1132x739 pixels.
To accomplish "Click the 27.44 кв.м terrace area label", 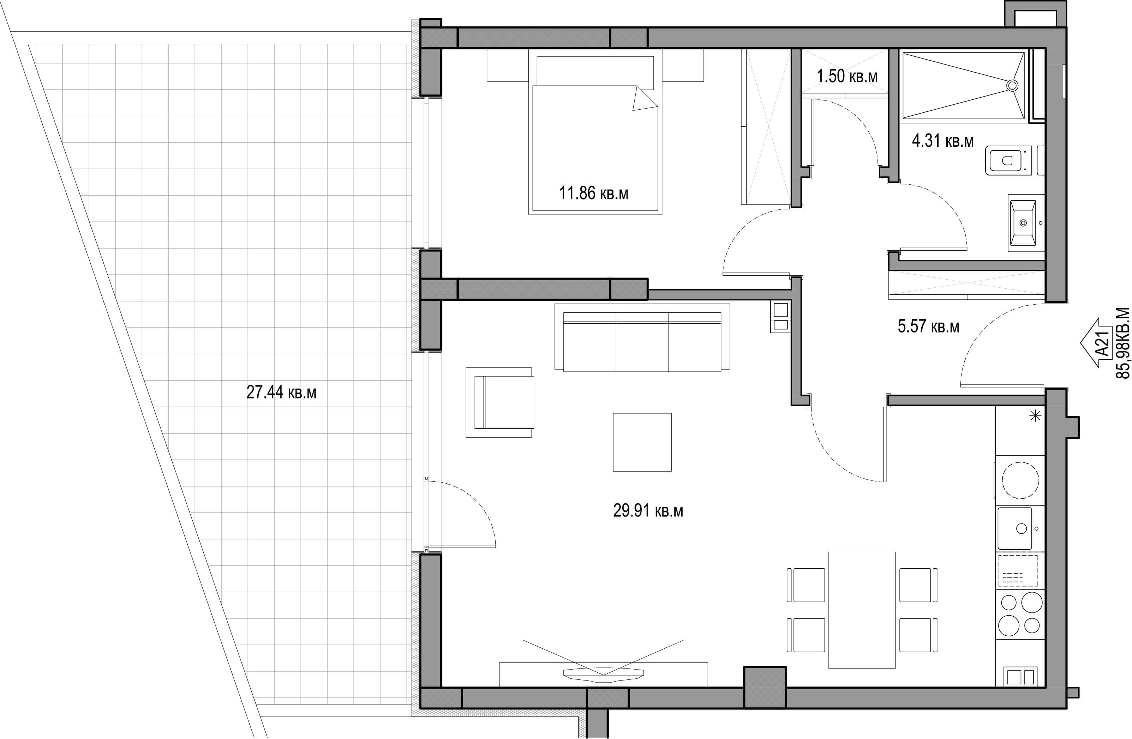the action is (281, 392).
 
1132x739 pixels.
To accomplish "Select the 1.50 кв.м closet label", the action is (847, 76).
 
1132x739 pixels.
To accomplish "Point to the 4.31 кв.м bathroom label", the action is (943, 141).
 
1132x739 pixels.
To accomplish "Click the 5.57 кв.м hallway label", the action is (928, 326).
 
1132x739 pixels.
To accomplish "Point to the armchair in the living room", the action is (499, 402).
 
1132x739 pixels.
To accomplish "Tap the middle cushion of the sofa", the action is (642, 341).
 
